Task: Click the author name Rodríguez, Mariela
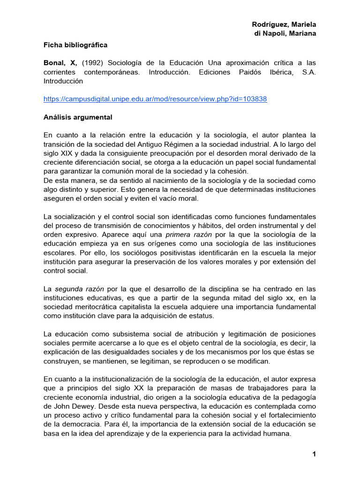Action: click(x=284, y=24)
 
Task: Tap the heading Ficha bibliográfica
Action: click(x=75, y=45)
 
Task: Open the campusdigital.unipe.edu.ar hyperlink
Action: click(x=155, y=99)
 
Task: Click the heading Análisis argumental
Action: click(x=78, y=117)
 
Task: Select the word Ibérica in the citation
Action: click(x=286, y=72)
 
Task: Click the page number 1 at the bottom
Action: click(x=314, y=455)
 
